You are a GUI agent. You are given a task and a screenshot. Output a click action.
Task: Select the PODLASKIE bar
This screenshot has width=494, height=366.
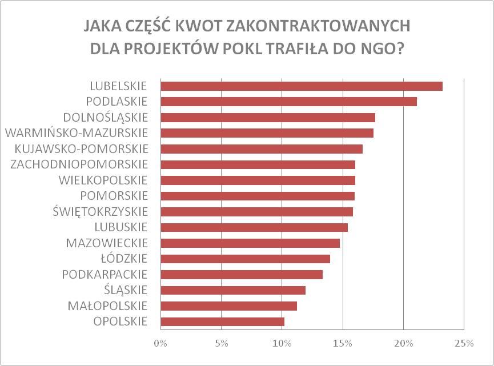point(288,102)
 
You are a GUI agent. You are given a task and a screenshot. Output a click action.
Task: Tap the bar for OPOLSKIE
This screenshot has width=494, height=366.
point(222,321)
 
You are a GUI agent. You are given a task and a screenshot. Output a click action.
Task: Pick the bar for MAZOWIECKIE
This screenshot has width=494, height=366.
point(250,243)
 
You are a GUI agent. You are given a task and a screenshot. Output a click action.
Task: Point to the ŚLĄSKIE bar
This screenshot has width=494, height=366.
point(233,290)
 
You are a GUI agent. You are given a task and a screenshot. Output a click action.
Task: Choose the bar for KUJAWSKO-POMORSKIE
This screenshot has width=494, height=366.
point(262,149)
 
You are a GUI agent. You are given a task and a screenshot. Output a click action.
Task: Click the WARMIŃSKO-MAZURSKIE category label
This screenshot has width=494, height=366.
point(76,133)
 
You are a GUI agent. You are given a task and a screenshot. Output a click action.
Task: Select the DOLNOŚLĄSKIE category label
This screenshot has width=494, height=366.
point(106,118)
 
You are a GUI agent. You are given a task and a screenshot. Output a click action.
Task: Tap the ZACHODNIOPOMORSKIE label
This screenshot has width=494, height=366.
point(79,164)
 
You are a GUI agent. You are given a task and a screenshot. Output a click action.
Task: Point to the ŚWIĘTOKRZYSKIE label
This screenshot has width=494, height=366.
point(100,211)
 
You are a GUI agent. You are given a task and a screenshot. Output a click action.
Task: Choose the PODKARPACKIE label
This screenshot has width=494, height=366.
point(105,274)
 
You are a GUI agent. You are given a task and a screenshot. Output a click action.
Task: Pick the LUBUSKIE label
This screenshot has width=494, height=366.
point(121,227)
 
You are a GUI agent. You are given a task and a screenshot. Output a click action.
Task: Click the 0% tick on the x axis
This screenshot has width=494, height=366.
point(160,344)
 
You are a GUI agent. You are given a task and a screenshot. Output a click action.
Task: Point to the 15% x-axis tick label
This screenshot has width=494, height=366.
point(342,344)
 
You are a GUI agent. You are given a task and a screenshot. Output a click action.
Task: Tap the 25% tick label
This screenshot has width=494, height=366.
point(464,344)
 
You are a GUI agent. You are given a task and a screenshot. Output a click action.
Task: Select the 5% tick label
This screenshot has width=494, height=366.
point(221,344)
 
